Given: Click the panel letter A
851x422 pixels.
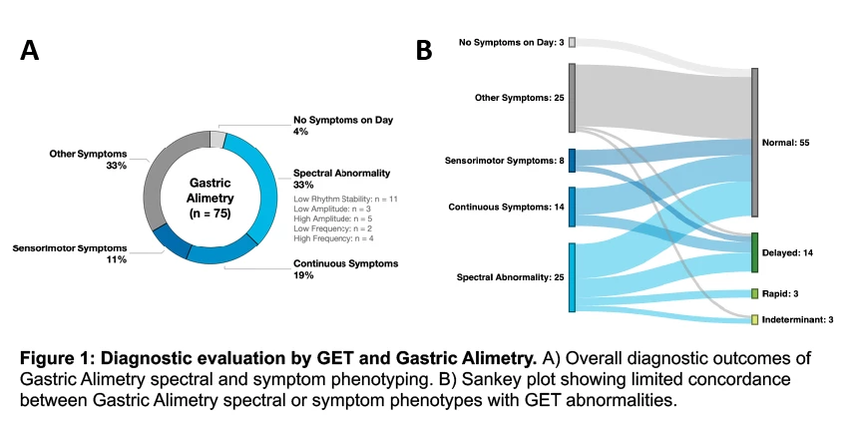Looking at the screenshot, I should click(x=29, y=51).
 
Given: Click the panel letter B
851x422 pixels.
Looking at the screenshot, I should click(x=424, y=48).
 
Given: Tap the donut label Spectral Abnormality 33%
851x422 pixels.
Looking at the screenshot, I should click(x=342, y=178).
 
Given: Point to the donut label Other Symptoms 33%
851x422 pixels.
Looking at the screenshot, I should click(x=89, y=160).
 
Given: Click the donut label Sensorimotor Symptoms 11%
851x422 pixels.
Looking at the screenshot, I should click(x=70, y=252).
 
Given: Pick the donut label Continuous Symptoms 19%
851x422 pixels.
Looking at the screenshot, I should click(x=345, y=270).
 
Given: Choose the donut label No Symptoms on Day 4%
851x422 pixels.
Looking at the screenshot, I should click(x=343, y=125).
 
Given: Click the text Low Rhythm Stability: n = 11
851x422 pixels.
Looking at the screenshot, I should click(x=345, y=199).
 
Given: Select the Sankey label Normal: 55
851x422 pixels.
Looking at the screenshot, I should click(x=785, y=143).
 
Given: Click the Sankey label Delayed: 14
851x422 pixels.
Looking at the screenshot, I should click(x=787, y=253).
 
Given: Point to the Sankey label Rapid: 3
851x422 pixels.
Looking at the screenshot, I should click(x=780, y=294).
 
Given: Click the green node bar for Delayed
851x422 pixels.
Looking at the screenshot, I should click(x=754, y=252).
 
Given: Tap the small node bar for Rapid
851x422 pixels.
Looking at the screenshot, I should click(x=754, y=294).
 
